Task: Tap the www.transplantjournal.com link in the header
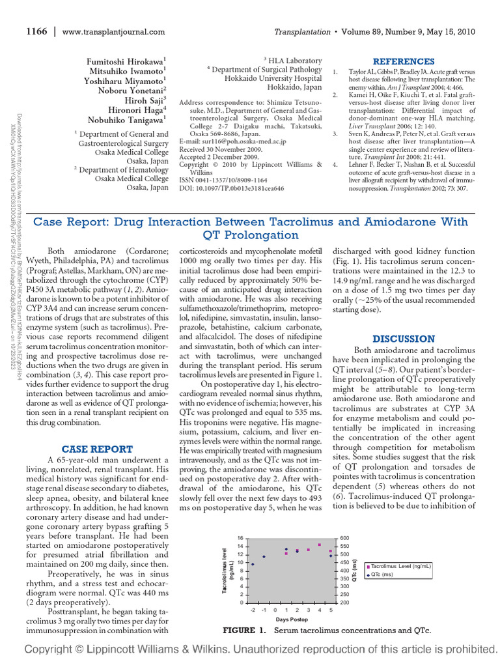(x=114, y=31)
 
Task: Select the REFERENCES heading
(x=403, y=61)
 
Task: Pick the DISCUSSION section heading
(x=403, y=339)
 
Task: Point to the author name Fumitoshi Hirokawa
(x=127, y=61)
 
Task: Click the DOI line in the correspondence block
(x=231, y=188)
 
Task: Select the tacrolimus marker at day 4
(x=320, y=545)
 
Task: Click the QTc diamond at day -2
(x=253, y=564)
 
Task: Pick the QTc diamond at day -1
(x=264, y=556)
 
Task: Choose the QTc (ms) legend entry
(x=384, y=575)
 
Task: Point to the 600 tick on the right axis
(x=344, y=537)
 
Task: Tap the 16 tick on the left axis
(x=239, y=537)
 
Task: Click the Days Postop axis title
(x=291, y=619)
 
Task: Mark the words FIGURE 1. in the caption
(x=245, y=631)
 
